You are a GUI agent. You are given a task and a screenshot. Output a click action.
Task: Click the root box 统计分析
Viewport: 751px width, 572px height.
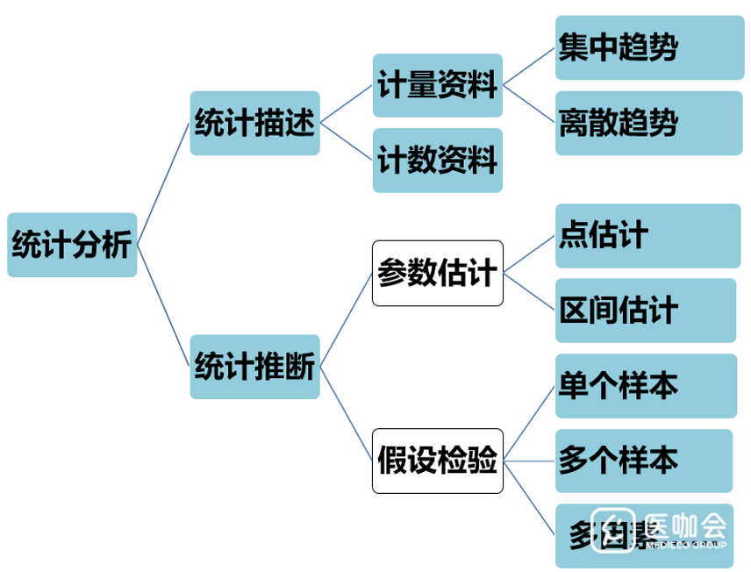click(x=72, y=245)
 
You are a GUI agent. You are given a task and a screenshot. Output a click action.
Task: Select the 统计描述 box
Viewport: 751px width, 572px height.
click(x=254, y=124)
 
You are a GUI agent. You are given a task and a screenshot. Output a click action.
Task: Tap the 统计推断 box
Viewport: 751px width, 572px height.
click(x=254, y=367)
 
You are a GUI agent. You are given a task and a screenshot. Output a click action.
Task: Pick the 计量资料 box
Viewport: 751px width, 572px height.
click(x=437, y=85)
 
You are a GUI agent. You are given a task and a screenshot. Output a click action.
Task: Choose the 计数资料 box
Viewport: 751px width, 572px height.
click(x=437, y=161)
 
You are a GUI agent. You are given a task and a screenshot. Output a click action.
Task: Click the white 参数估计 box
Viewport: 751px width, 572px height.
click(x=437, y=273)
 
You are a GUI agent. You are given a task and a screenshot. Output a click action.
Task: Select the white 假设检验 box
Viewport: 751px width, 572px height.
click(x=437, y=461)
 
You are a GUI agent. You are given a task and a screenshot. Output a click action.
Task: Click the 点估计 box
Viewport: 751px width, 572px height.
click(x=647, y=235)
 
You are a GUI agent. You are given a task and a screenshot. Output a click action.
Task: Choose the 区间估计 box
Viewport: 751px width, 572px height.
click(x=646, y=311)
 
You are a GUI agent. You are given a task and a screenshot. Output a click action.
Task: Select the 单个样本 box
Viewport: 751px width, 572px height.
click(x=646, y=386)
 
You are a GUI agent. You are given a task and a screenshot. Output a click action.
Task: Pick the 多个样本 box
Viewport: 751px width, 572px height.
click(x=644, y=461)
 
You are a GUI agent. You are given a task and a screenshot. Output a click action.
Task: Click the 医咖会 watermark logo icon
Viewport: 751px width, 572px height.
click(x=612, y=530)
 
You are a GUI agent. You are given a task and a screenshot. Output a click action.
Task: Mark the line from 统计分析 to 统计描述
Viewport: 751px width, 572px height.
click(x=163, y=185)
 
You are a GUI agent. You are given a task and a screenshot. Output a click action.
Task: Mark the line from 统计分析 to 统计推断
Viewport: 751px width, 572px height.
click(x=163, y=305)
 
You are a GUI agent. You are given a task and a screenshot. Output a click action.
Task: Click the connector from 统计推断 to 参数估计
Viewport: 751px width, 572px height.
click(x=346, y=320)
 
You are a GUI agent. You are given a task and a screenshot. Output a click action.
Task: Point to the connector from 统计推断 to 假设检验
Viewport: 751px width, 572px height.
click(x=346, y=413)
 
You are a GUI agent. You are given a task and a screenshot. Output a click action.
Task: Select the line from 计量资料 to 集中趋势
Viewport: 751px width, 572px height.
click(x=529, y=67)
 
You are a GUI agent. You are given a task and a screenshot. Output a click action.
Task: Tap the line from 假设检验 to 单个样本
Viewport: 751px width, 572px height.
click(x=530, y=424)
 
